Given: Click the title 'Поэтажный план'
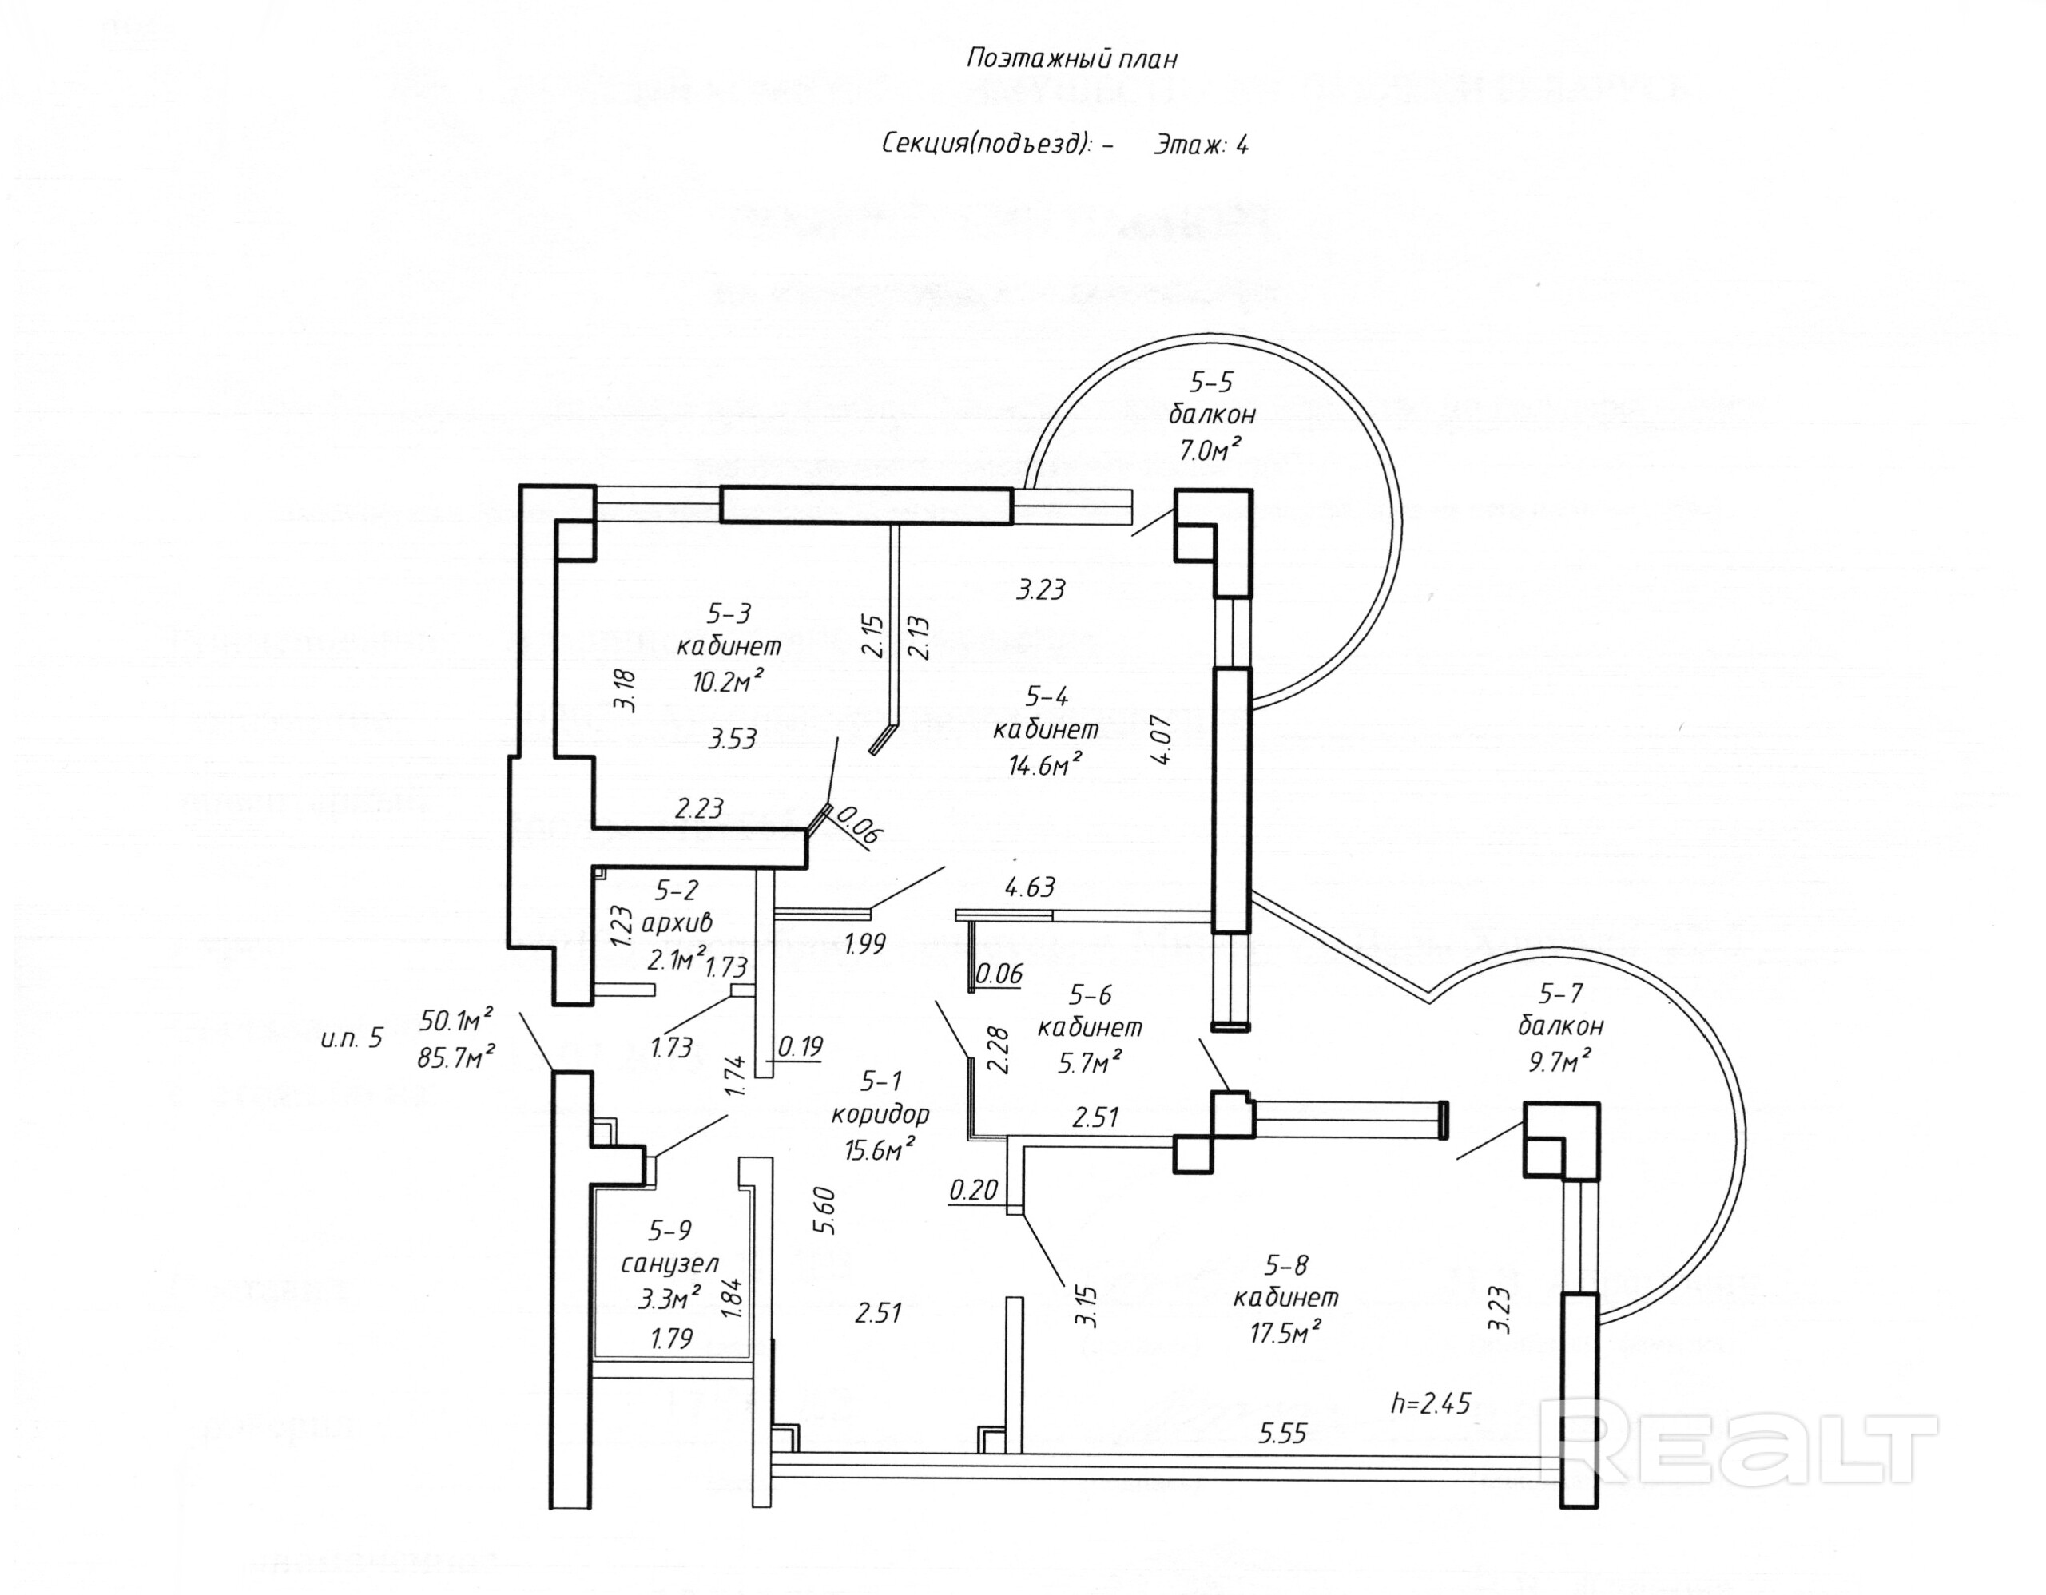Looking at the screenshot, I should [1071, 59].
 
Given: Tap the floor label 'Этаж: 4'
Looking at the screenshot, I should [1200, 145].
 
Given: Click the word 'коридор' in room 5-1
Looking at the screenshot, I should [880, 1114].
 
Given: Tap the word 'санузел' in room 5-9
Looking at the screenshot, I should [669, 1264].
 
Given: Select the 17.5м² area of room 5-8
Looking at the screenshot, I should [1285, 1331].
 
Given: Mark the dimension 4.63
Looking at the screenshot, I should [1030, 886].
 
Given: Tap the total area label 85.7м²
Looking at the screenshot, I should [456, 1057].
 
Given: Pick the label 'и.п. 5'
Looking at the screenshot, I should [352, 1038].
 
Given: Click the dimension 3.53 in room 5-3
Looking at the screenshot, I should [733, 739].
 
